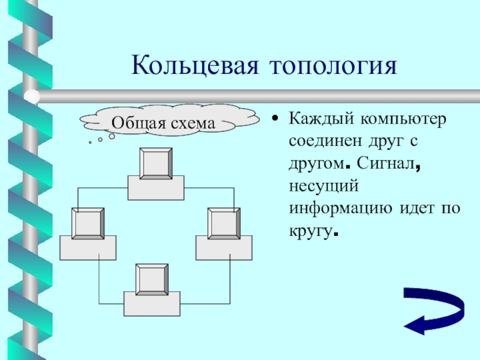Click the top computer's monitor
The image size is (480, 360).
[x=156, y=163]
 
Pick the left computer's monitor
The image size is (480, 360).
[x=88, y=223]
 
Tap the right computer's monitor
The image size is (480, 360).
[x=223, y=223]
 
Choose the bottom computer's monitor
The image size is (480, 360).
[x=151, y=279]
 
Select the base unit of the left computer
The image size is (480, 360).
[x=88, y=248]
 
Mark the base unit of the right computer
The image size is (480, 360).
[x=223, y=248]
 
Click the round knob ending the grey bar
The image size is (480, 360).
[x=33, y=97]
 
